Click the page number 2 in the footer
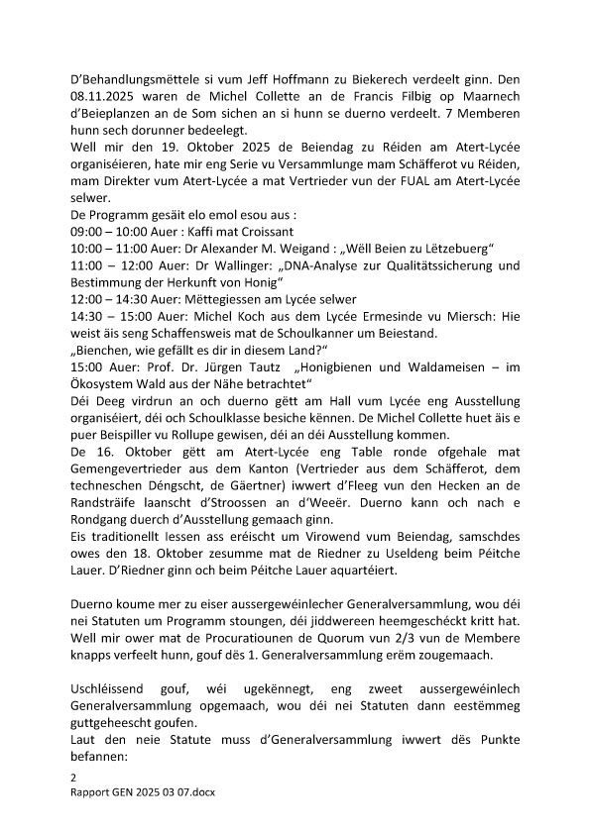[73, 779]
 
